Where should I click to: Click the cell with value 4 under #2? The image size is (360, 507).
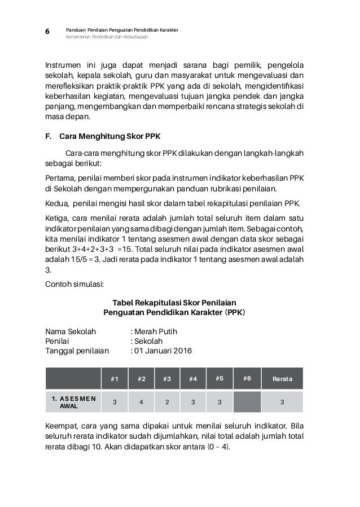tap(141, 401)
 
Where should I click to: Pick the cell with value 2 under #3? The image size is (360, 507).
tap(167, 401)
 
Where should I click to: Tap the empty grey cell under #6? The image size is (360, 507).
tap(247, 401)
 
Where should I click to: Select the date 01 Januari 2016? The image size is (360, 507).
tap(162, 351)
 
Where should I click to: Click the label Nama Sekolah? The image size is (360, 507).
tap(71, 330)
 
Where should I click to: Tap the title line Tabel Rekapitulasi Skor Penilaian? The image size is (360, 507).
tap(174, 302)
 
